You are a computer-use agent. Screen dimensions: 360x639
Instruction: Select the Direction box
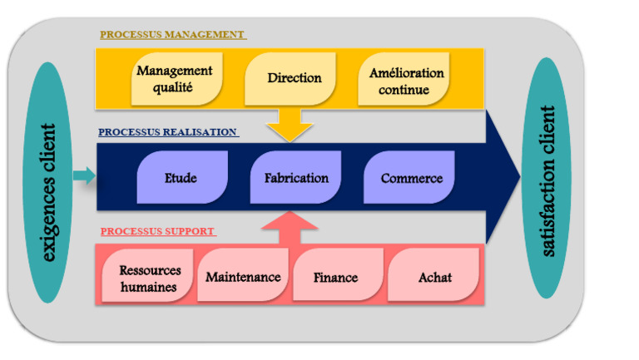[294, 78]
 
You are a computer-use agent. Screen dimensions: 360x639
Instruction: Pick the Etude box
[181, 178]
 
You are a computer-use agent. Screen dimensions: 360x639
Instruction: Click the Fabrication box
[296, 178]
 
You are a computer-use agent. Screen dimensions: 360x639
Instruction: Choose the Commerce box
[411, 178]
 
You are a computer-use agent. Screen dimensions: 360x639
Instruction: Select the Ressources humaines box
[148, 279]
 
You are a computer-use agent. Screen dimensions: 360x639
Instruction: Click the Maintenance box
[243, 276]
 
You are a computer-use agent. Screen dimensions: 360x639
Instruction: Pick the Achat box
[434, 277]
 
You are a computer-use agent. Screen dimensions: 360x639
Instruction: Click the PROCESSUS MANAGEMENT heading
[172, 35]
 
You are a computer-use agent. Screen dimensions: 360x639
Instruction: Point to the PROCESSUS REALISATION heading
[168, 132]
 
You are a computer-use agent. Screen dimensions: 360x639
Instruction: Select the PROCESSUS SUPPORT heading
[158, 231]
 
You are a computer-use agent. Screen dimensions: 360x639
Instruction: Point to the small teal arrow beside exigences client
[84, 175]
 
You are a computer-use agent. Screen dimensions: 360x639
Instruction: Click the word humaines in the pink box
[148, 287]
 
